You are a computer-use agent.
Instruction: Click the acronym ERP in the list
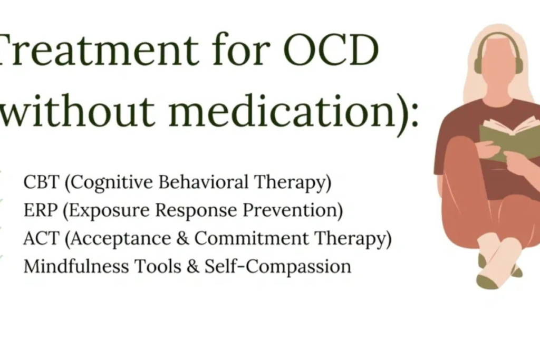[x=36, y=211]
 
